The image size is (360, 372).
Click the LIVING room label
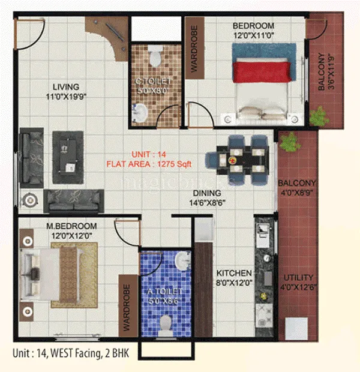(65, 86)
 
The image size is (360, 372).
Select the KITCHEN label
(230, 271)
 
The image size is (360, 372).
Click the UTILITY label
(298, 278)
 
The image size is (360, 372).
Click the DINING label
(208, 193)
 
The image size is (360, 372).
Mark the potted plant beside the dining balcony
(290, 142)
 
